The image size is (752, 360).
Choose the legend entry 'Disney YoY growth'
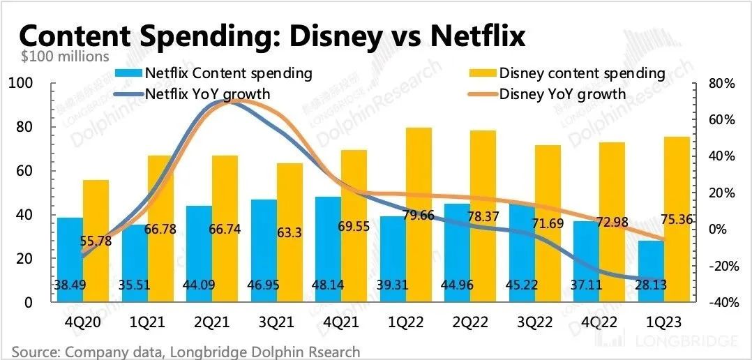[562, 93]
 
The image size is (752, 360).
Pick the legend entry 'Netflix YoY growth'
[208, 93]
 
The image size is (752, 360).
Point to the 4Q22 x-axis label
[599, 322]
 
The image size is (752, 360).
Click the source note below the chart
[186, 351]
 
